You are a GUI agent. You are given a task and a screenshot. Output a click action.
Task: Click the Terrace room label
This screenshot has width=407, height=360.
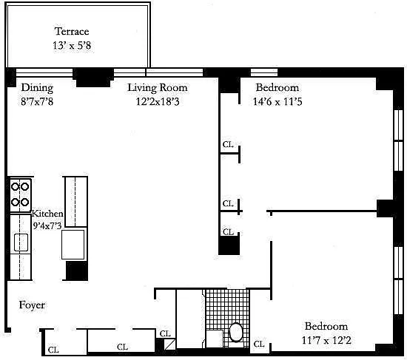pyautogui.click(x=72, y=31)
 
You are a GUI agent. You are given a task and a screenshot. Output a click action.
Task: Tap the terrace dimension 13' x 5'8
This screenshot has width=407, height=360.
pyautogui.click(x=72, y=46)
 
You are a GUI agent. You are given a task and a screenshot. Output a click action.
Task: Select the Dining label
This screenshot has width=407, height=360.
pyautogui.click(x=37, y=88)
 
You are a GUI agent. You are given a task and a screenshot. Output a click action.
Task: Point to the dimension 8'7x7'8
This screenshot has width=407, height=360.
pyautogui.click(x=37, y=101)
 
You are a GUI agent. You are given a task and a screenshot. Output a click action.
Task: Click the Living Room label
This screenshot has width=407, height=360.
pyautogui.click(x=158, y=88)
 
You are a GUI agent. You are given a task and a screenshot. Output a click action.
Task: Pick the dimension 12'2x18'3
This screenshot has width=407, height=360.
pyautogui.click(x=158, y=101)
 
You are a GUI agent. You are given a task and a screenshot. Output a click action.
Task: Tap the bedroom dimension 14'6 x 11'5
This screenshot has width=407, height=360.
pyautogui.click(x=277, y=101)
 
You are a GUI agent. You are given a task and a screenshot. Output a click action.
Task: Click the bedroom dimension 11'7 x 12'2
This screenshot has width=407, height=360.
pyautogui.click(x=326, y=340)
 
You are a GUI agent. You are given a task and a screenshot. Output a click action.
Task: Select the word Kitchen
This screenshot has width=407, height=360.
pyautogui.click(x=47, y=214)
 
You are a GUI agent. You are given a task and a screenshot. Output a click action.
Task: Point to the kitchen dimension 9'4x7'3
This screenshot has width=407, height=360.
pyautogui.click(x=47, y=225)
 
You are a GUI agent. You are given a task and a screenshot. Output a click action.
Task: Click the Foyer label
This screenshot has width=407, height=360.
pyautogui.click(x=32, y=305)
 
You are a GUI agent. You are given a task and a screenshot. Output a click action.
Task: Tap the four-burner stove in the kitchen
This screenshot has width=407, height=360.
pyautogui.click(x=20, y=194)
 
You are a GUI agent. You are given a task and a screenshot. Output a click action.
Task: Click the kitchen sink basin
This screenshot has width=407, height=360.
pyautogui.click(x=21, y=242)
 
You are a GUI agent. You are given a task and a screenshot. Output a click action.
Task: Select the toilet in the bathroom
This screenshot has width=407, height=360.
pyautogui.click(x=235, y=332)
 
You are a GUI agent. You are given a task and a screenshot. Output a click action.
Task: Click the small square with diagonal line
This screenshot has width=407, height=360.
pyautogui.click(x=170, y=344)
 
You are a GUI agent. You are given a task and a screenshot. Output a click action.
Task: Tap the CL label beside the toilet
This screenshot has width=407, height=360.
pyautogui.click(x=259, y=344)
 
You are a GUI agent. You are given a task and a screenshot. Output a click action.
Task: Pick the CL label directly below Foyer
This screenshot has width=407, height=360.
pyautogui.click(x=53, y=350)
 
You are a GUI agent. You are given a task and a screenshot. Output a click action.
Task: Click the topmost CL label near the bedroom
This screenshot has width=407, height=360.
pyautogui.click(x=228, y=144)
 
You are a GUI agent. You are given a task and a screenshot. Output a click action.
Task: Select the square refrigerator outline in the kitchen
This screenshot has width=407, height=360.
pyautogui.click(x=73, y=245)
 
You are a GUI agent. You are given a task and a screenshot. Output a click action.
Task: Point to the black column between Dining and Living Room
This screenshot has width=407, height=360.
pyautogui.click(x=93, y=78)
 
